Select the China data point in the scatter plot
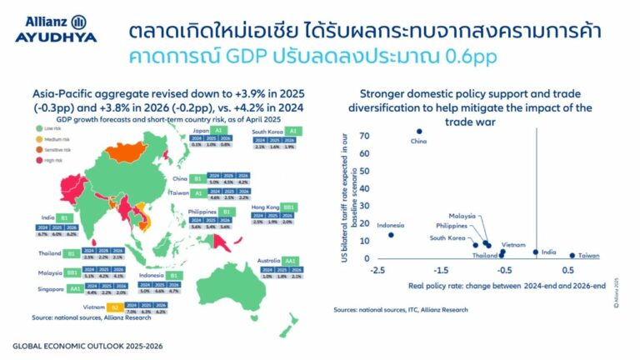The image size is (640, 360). pyautogui.click(x=419, y=131)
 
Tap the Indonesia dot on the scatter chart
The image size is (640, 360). pyautogui.click(x=391, y=235)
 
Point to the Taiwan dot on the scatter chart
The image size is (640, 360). pyautogui.click(x=572, y=255)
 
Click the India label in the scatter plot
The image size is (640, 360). pyautogui.click(x=549, y=252)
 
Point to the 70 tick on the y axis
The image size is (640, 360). pyautogui.click(x=364, y=134)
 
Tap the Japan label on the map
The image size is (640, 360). pyautogui.click(x=199, y=131)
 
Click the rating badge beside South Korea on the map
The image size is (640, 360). pyautogui.click(x=297, y=132)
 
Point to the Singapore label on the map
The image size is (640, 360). pyautogui.click(x=48, y=288)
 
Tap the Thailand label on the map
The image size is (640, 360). pyautogui.click(x=50, y=252)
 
